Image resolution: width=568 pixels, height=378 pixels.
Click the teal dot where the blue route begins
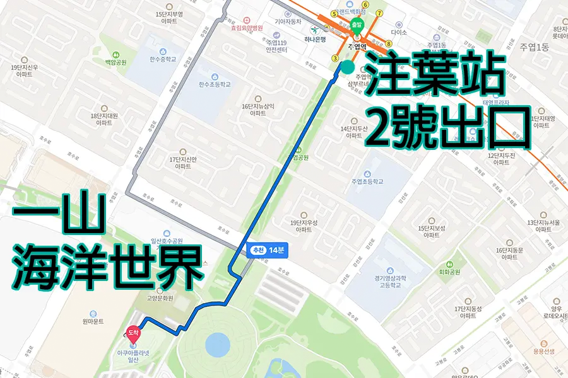click(347, 66)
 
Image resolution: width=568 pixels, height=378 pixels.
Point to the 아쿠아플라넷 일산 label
click(133, 356)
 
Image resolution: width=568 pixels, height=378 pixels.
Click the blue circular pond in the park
click(218, 344)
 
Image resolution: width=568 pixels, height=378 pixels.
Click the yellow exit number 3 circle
click(336, 59)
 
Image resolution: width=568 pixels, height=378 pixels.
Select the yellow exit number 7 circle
click(379, 13)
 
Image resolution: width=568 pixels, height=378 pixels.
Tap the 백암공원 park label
click(115, 62)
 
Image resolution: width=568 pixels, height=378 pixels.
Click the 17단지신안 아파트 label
click(183, 163)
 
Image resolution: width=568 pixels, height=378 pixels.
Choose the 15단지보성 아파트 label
click(432, 231)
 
